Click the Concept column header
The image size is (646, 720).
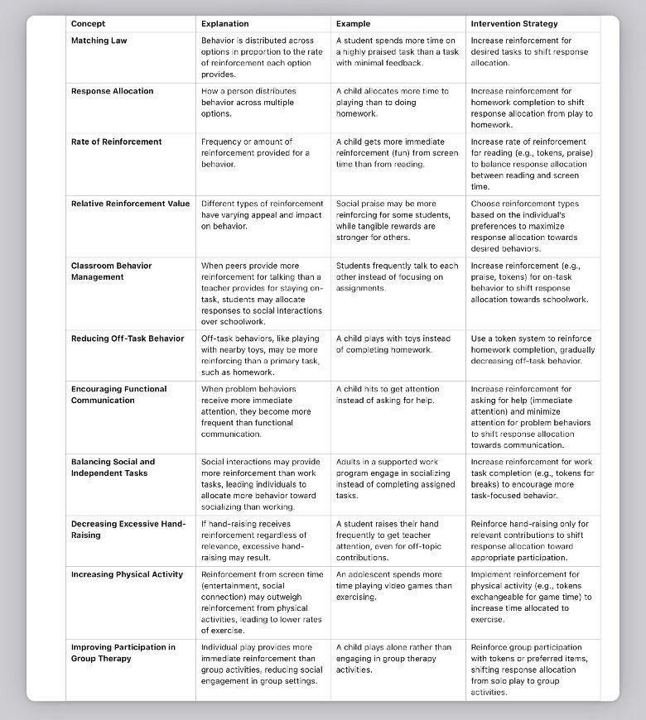pos(89,24)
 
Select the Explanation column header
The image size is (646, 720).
pos(224,24)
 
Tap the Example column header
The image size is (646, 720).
pos(354,24)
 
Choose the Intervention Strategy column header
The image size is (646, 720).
pos(514,24)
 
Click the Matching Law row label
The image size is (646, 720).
pos(99,41)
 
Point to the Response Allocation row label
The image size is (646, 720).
pos(113,91)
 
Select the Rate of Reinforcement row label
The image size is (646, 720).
pos(117,142)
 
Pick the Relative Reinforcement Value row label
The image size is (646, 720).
pos(131,204)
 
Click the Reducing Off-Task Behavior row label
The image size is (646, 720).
pos(128,338)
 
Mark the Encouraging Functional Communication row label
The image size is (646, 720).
pos(119,395)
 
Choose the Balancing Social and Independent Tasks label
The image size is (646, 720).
pos(113,468)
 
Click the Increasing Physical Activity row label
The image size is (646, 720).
pos(128,574)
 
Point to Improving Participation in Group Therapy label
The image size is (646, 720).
pos(123,653)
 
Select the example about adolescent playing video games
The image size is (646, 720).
pos(394,585)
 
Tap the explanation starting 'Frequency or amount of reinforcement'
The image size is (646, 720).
pos(256,152)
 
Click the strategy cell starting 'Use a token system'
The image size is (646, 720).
pos(533,349)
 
